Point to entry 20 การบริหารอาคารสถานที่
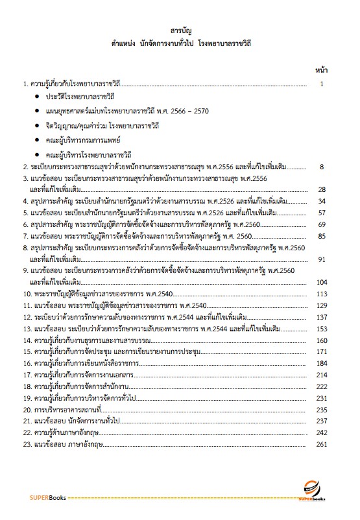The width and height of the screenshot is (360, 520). point(64,410)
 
